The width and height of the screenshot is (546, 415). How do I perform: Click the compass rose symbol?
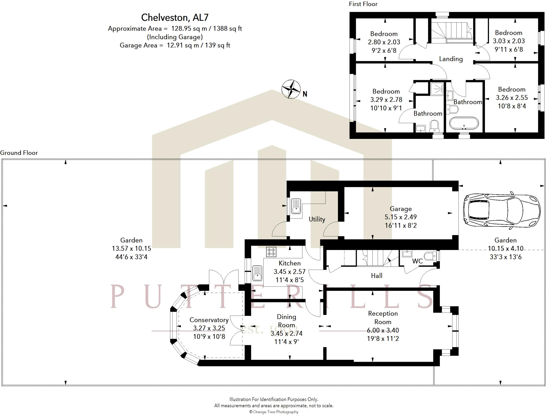click(x=291, y=89)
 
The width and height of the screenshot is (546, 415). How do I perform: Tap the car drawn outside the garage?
click(x=501, y=210)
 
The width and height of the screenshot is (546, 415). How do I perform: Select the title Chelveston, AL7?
click(x=175, y=18)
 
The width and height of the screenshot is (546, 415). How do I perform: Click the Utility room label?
click(x=317, y=219)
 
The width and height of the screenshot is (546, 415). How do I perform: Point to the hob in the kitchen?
click(x=271, y=252)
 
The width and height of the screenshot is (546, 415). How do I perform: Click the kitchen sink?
click(x=257, y=273)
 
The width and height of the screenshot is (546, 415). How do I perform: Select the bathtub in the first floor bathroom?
click(x=464, y=123)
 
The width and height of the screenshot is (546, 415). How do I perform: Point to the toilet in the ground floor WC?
click(x=430, y=256)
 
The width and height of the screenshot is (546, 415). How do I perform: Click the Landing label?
click(x=451, y=59)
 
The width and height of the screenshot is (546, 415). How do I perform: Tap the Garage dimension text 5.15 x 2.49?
click(x=400, y=217)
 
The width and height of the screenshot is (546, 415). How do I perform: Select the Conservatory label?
click(x=209, y=320)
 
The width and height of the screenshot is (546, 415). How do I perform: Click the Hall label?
click(x=376, y=276)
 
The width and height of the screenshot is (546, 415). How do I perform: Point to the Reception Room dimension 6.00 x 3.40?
click(x=383, y=331)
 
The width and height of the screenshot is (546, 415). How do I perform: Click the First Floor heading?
click(x=363, y=4)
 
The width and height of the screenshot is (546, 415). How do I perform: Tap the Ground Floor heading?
click(x=19, y=153)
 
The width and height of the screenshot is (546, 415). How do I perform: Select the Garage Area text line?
click(x=175, y=45)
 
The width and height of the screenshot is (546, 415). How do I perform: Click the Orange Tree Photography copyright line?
click(x=274, y=412)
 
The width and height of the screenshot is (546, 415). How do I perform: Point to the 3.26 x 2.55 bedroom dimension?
click(x=512, y=98)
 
